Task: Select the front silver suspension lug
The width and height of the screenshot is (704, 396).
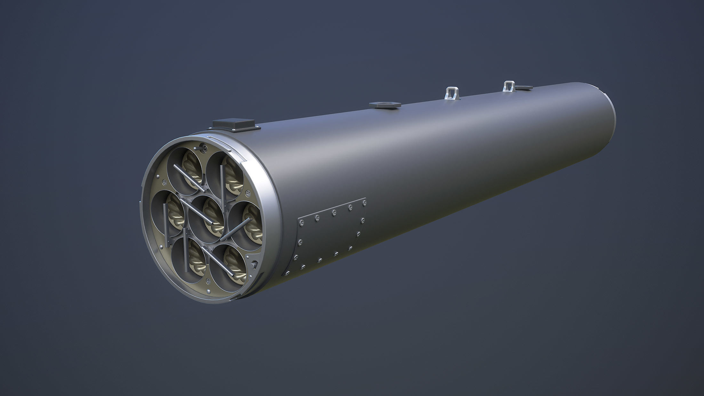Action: (x=451, y=92)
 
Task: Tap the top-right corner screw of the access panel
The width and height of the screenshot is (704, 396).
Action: (x=364, y=202)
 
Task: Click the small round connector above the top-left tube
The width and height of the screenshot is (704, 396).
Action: (x=202, y=148)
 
